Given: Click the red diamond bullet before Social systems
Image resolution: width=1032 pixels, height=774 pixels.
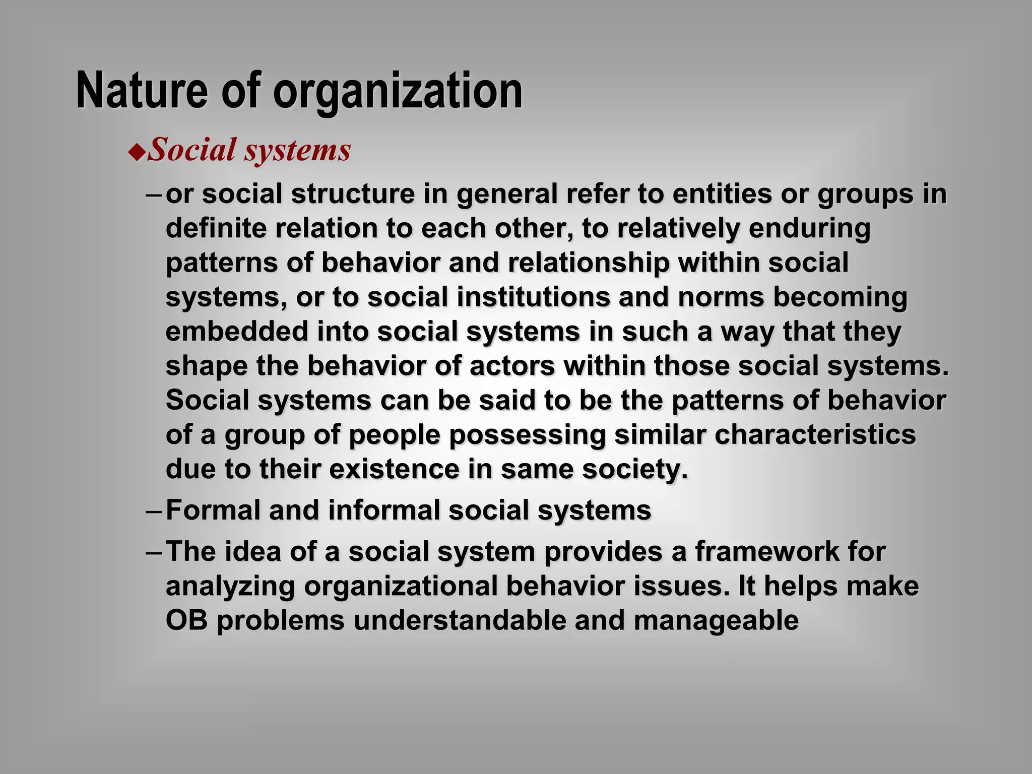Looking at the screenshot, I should tap(137, 152).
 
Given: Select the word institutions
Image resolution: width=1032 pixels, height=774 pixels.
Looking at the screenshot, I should tap(534, 297).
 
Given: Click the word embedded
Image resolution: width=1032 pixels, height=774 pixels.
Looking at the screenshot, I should tap(237, 332).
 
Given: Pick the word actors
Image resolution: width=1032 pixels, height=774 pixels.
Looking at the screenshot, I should tap(512, 366).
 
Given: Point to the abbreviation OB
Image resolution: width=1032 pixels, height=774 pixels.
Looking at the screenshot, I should tap(186, 620).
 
